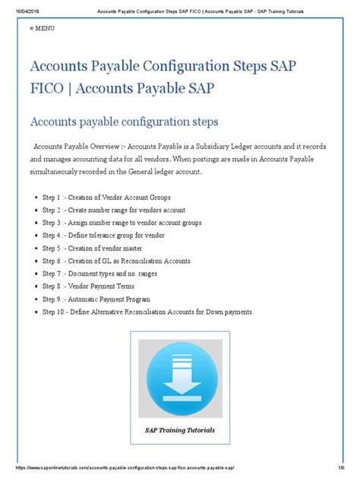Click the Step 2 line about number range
pyautogui.click(x=113, y=210)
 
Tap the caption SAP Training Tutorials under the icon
pyautogui.click(x=180, y=430)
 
